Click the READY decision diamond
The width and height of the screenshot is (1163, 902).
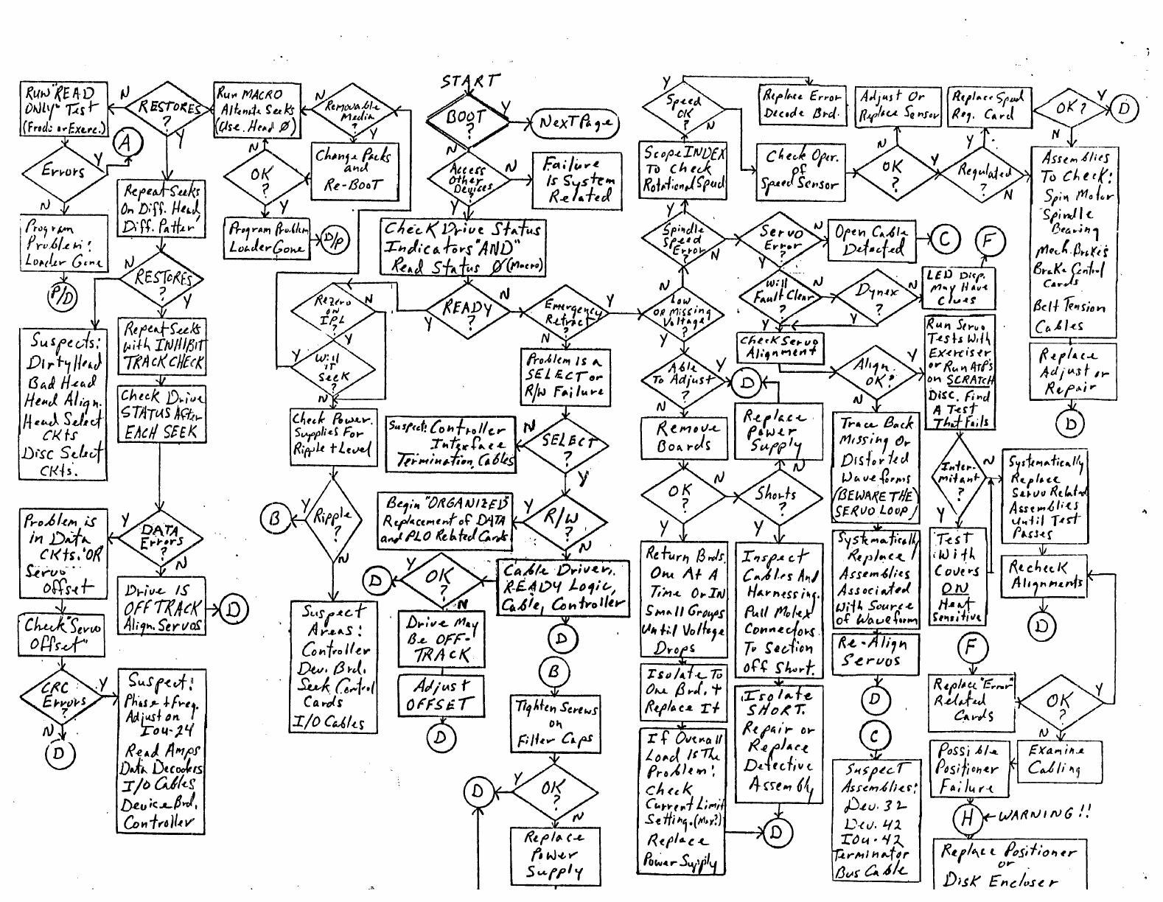468,309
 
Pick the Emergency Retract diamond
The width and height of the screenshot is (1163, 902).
567,312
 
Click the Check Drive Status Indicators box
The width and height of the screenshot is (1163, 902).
463,248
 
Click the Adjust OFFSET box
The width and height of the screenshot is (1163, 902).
438,696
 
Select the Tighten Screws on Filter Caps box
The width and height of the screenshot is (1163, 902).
555,724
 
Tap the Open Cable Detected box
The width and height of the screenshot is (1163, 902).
870,240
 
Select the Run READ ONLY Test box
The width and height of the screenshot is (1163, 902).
63,110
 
